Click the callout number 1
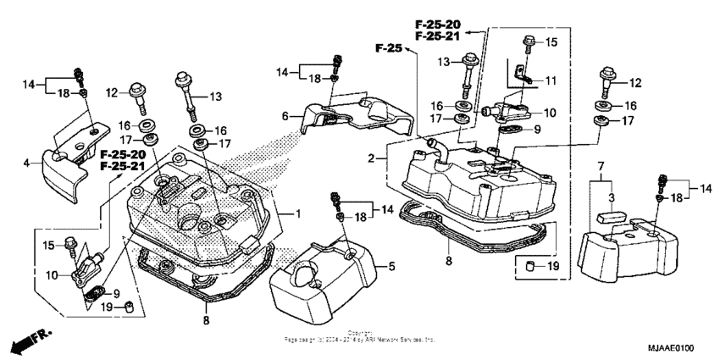[x=297, y=212]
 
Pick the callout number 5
[x=390, y=268]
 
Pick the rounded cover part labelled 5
[x=326, y=271]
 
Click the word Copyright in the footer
[x=360, y=333]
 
